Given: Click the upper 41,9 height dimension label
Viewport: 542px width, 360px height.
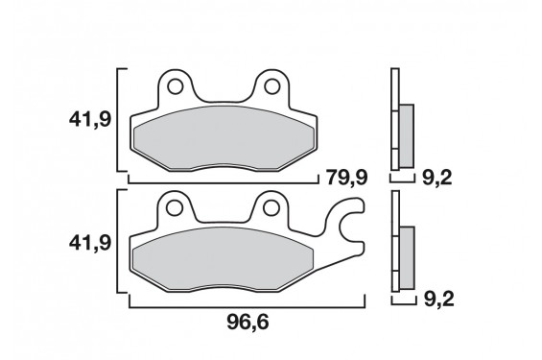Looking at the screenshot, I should tap(88, 122).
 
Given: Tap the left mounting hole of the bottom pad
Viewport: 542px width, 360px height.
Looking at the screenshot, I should tap(175, 206).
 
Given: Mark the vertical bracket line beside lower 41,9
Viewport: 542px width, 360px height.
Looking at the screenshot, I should tap(119, 244).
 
